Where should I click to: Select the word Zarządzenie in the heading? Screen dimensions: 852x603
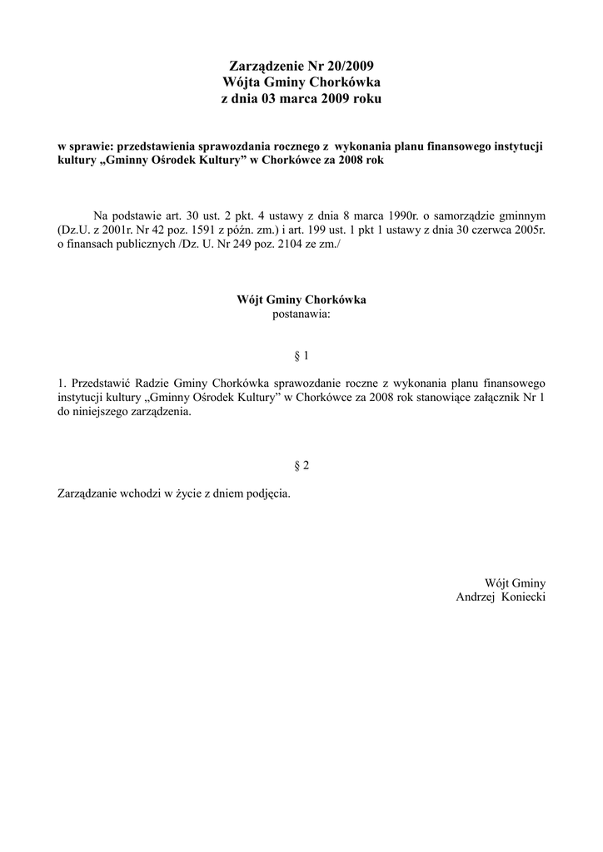267,66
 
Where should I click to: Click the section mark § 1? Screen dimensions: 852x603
301,356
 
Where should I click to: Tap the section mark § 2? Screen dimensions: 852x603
301,466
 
